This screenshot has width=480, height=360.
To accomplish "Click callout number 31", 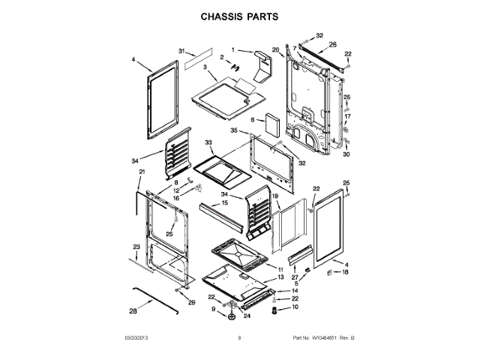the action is [x=181, y=51].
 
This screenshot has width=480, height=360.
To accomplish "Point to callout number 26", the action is [x=332, y=44].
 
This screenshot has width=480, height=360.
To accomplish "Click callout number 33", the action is [x=208, y=142].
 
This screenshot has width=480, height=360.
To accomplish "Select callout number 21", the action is [x=140, y=172].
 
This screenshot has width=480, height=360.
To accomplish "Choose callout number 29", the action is [x=191, y=302].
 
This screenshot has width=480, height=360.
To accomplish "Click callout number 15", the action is [x=224, y=202].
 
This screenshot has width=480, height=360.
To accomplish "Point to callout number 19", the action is [x=275, y=196].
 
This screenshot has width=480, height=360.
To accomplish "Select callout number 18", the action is [x=346, y=272].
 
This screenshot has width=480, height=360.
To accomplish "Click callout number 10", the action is [x=295, y=307].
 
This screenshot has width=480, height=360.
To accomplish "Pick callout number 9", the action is [x=213, y=309].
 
